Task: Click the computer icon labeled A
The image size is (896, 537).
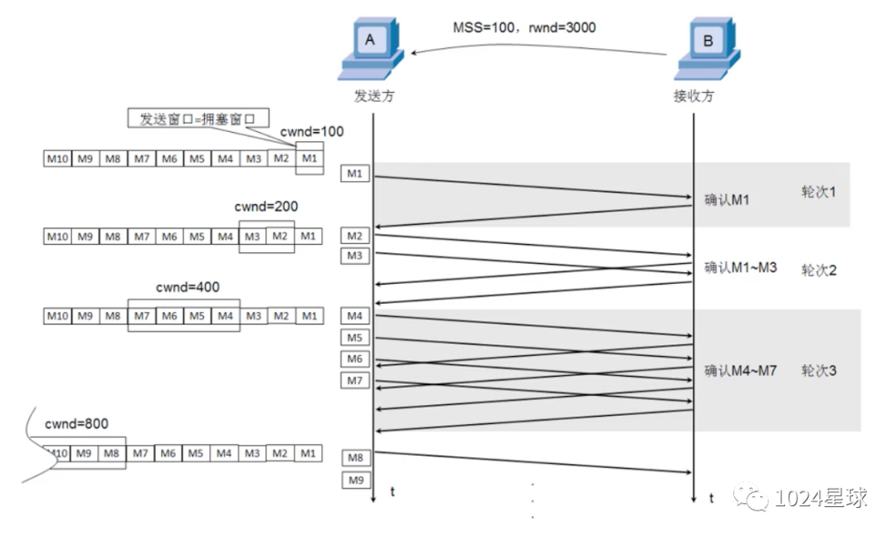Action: (371, 49)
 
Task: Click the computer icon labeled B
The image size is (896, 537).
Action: (708, 49)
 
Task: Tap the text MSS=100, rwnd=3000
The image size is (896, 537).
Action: (524, 27)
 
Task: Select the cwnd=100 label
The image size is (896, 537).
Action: (311, 131)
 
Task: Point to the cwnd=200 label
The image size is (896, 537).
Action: (266, 207)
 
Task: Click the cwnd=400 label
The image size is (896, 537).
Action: (187, 287)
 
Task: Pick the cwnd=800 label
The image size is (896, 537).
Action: (76, 424)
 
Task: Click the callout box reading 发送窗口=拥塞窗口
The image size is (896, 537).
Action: (198, 119)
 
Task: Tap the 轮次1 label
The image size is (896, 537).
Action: (818, 192)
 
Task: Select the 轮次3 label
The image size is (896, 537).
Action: (818, 370)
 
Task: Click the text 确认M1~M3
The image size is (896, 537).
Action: (740, 267)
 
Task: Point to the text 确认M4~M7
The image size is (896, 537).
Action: (740, 370)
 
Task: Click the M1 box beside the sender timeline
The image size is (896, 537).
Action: (355, 173)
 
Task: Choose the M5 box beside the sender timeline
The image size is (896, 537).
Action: (355, 338)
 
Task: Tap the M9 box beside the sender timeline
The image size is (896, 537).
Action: (356, 480)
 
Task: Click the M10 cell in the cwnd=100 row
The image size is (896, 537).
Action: (58, 159)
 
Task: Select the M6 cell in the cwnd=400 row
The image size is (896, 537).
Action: (169, 315)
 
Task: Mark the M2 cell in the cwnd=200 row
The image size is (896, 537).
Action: (280, 237)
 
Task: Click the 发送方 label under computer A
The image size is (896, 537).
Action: (374, 96)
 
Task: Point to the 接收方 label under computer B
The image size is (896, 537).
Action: (694, 96)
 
